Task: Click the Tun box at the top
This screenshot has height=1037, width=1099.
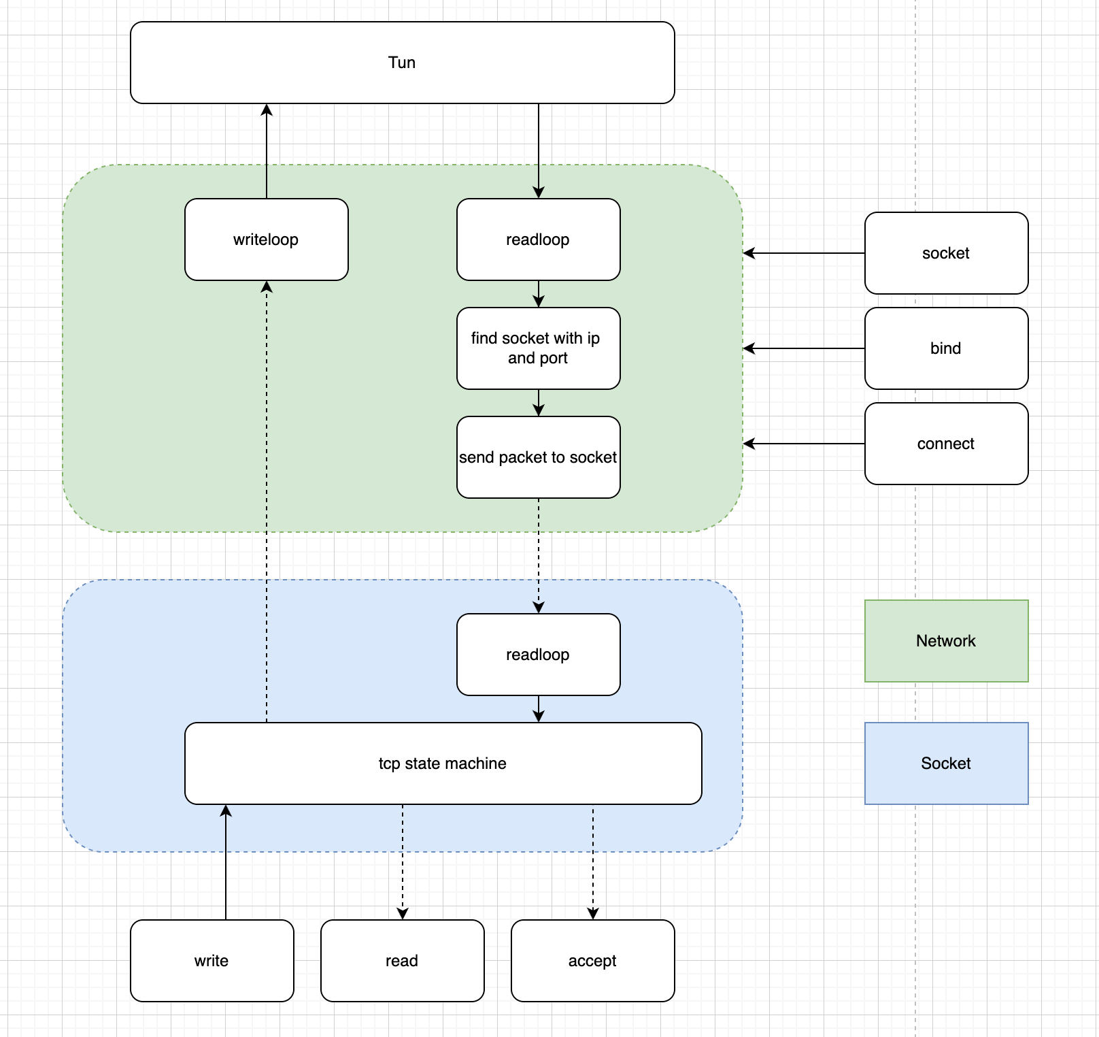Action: (x=402, y=63)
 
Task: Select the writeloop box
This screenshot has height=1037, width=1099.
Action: (x=266, y=240)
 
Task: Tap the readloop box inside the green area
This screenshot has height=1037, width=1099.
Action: (x=538, y=240)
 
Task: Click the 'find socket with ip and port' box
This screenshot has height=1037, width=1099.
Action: (x=538, y=348)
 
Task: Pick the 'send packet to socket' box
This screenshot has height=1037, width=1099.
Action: (x=538, y=457)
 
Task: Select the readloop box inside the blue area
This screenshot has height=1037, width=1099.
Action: (x=538, y=655)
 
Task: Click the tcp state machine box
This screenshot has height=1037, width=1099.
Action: (x=443, y=763)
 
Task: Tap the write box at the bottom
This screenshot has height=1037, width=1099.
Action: (x=212, y=961)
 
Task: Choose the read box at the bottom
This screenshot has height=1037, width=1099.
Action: (x=402, y=961)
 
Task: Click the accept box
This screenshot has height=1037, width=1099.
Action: (x=592, y=961)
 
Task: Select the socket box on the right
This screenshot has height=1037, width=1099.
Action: (x=946, y=253)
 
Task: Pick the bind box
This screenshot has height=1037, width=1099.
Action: (x=946, y=348)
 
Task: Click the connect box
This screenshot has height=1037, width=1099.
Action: (x=946, y=444)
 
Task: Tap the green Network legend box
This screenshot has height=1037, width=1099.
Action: (x=946, y=641)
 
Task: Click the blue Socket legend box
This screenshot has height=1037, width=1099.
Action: (x=946, y=763)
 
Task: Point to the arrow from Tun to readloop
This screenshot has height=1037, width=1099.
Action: (x=539, y=150)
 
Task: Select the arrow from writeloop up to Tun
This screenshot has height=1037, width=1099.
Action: (x=267, y=150)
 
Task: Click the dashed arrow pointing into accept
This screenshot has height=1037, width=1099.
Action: (x=593, y=864)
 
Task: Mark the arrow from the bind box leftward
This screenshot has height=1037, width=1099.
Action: (x=802, y=348)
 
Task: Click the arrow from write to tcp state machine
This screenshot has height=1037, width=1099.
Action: (x=226, y=864)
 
